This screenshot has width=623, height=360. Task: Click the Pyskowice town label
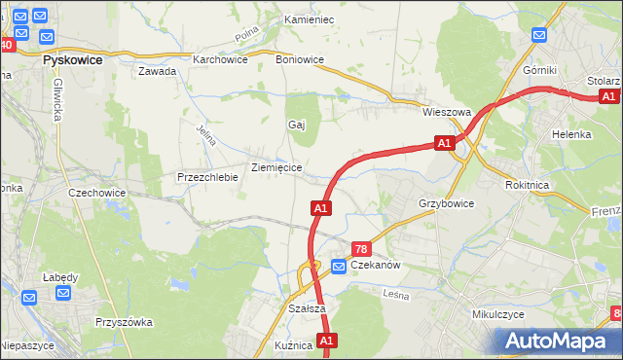74,58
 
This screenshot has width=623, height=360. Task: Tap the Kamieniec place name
309,19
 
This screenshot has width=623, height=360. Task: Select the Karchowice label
220,59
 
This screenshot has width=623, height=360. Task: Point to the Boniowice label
300,59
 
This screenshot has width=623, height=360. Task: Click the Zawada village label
157,72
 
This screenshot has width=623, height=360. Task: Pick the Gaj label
297,125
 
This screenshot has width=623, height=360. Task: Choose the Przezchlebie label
207,178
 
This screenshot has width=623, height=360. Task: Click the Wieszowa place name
447,112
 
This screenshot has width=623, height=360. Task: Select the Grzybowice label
446,204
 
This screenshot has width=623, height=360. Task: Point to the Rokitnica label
530,184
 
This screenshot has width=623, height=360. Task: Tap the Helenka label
571,134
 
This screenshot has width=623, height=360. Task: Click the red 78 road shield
361,250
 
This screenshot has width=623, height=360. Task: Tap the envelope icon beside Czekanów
339,266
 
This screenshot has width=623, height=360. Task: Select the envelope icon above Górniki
541,36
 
